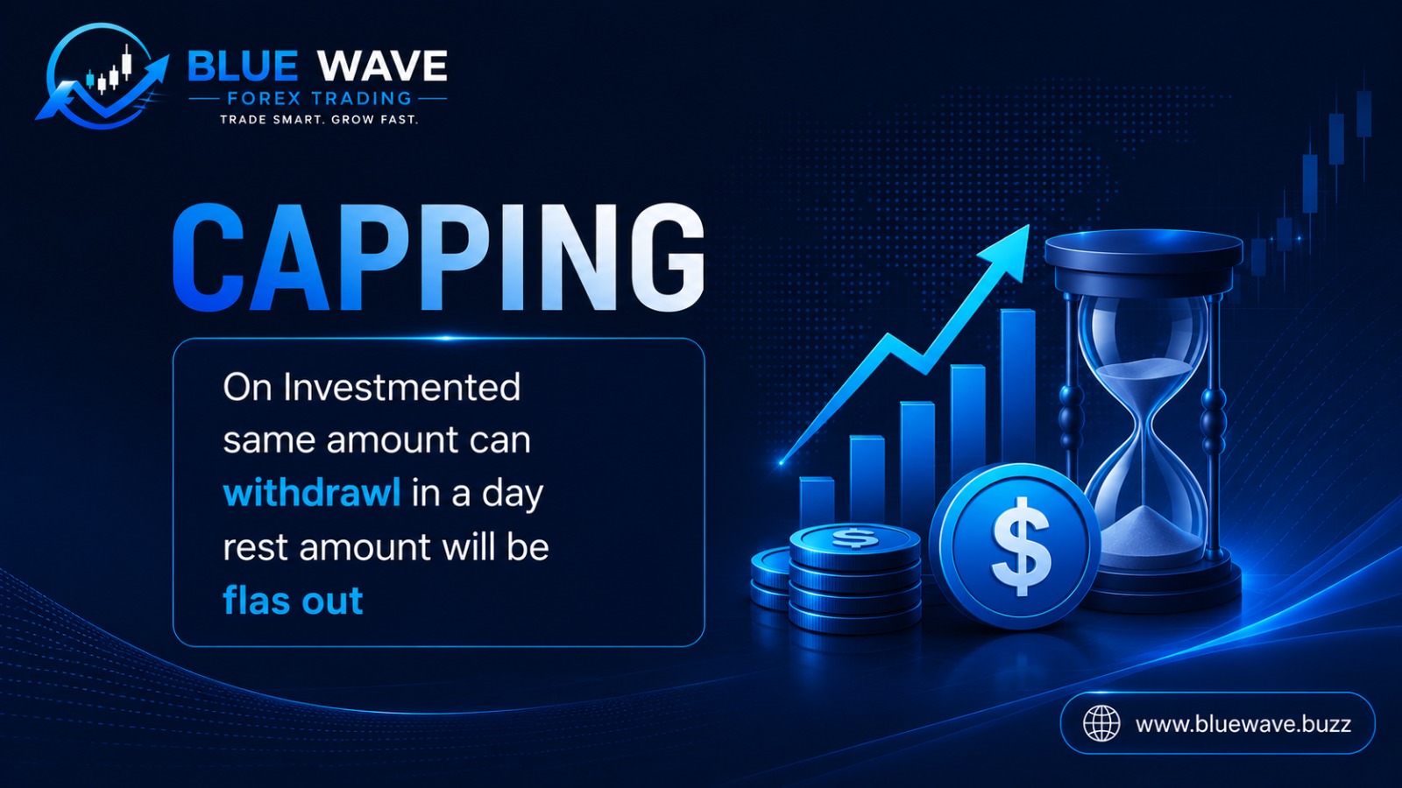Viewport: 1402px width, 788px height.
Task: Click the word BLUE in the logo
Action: pyautogui.click(x=243, y=66)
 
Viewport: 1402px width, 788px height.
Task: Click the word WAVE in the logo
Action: pyautogui.click(x=382, y=66)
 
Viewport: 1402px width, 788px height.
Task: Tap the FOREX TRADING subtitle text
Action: pyautogui.click(x=319, y=98)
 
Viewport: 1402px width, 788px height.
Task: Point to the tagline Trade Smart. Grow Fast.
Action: pyautogui.click(x=319, y=119)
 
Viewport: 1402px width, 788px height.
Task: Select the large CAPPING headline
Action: pyautogui.click(x=439, y=257)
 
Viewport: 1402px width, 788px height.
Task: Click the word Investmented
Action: pyautogui.click(x=402, y=387)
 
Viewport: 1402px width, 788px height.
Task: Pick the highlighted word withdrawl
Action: pyautogui.click(x=312, y=493)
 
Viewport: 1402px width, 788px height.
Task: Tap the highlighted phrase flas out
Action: pyautogui.click(x=293, y=601)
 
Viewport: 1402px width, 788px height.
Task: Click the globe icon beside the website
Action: pyautogui.click(x=1101, y=723)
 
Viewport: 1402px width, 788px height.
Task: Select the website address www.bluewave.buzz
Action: pyautogui.click(x=1243, y=724)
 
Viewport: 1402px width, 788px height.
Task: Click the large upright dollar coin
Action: pyautogui.click(x=1016, y=546)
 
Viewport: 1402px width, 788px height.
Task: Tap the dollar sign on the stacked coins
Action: pyautogui.click(x=855, y=538)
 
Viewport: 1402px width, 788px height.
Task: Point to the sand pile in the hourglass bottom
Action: pyautogui.click(x=1149, y=531)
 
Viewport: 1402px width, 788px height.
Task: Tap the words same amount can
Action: pyautogui.click(x=377, y=440)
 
